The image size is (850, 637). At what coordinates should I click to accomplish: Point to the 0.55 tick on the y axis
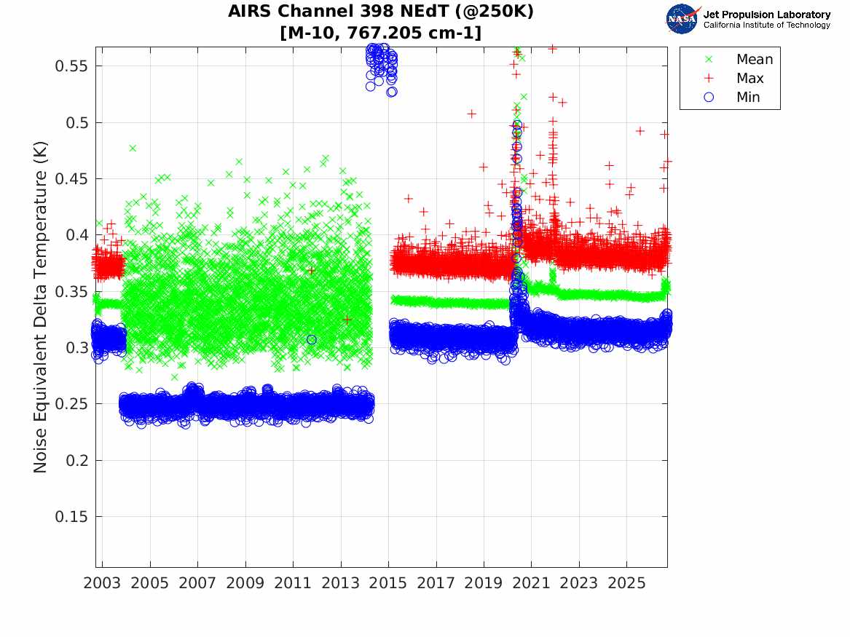click(71, 66)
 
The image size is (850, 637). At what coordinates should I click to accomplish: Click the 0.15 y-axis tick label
click(71, 517)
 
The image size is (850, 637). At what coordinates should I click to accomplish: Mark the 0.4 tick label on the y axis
click(76, 235)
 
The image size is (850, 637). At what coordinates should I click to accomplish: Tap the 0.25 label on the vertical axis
click(71, 404)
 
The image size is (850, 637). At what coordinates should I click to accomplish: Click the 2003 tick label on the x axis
click(102, 583)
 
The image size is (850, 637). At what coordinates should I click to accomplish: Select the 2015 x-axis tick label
click(388, 583)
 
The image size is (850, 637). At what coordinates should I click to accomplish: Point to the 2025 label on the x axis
click(626, 583)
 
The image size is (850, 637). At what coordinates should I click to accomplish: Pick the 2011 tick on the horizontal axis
click(293, 583)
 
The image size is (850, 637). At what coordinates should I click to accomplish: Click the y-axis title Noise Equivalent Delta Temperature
click(41, 307)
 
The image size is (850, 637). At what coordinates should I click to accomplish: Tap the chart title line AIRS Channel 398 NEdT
click(380, 11)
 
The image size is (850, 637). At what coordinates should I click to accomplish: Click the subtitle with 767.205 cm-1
click(380, 33)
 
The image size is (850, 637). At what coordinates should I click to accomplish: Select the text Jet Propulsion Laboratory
click(767, 15)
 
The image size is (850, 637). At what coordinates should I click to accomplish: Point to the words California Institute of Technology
click(767, 25)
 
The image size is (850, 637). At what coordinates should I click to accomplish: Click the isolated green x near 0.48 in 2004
click(133, 148)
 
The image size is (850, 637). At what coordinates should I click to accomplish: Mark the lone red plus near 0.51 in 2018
click(472, 114)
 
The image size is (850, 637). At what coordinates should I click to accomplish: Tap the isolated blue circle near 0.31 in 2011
click(311, 340)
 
